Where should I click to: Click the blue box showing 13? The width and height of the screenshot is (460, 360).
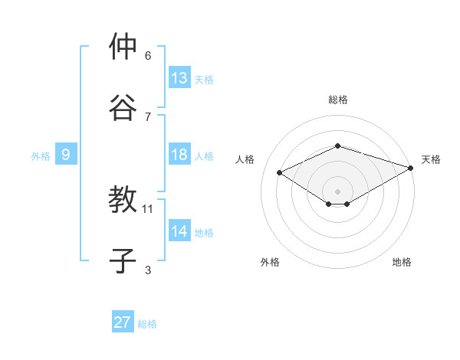pyautogui.click(x=179, y=77)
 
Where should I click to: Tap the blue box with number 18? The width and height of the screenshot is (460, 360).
pyautogui.click(x=179, y=155)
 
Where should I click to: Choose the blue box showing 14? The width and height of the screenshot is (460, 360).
pyautogui.click(x=179, y=231)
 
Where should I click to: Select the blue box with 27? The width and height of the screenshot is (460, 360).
pyautogui.click(x=123, y=322)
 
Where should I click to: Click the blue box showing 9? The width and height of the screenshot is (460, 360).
pyautogui.click(x=66, y=155)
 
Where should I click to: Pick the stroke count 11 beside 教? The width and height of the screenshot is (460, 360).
pyautogui.click(x=148, y=208)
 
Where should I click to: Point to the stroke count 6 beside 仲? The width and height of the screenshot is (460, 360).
pyautogui.click(x=148, y=55)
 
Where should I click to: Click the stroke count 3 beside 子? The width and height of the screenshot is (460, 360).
pyautogui.click(x=148, y=270)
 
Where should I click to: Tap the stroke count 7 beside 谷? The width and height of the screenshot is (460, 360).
pyautogui.click(x=148, y=116)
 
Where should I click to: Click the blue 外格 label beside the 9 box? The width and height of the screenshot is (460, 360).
pyautogui.click(x=41, y=155)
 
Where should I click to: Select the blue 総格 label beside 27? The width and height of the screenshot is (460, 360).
pyautogui.click(x=147, y=323)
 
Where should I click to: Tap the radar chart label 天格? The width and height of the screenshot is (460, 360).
pyautogui.click(x=431, y=159)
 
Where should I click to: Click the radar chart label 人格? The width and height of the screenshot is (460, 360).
pyautogui.click(x=245, y=159)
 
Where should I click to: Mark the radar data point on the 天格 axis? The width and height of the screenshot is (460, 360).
pyautogui.click(x=411, y=167)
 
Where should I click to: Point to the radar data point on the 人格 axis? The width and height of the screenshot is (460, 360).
pyautogui.click(x=280, y=172)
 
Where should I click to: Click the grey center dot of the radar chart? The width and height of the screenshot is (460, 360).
pyautogui.click(x=337, y=191)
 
